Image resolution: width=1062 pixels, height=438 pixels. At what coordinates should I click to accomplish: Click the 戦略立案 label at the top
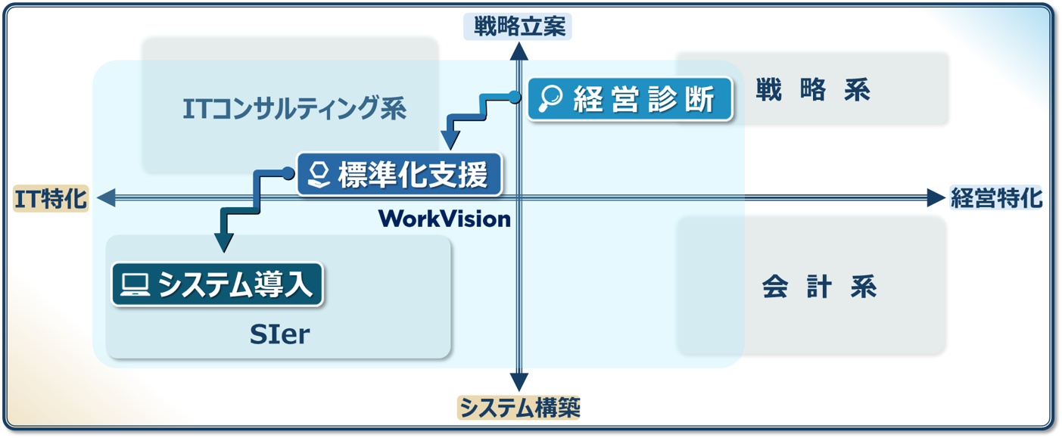(519, 27)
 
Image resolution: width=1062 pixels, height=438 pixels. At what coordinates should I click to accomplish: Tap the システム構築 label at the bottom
(519, 408)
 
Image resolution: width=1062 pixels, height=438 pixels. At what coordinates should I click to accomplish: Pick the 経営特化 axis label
(995, 198)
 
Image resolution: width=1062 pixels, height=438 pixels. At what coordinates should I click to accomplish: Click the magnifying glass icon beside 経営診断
(550, 99)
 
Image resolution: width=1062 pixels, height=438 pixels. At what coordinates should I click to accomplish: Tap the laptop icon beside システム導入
(135, 284)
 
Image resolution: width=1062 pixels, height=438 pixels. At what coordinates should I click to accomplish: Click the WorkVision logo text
(444, 219)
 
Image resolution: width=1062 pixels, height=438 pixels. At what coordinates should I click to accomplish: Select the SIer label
(279, 334)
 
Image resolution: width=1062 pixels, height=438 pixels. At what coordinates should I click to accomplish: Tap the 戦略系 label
(813, 91)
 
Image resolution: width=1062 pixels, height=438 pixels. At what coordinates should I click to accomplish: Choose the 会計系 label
(818, 288)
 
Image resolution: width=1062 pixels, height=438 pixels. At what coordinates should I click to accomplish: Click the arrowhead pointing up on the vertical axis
(519, 51)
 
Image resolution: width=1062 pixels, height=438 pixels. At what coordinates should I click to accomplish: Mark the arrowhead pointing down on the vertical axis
(519, 382)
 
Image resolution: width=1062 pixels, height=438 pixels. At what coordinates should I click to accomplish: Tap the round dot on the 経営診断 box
(515, 96)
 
